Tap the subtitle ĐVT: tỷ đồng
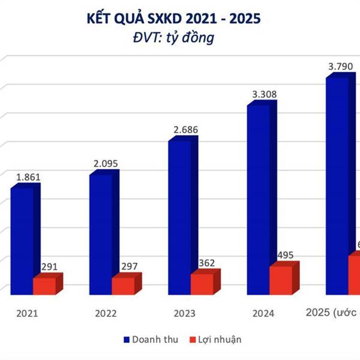pyautogui.click(x=181, y=38)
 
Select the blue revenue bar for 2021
pyautogui.click(x=23, y=240)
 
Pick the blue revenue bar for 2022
pyautogui.click(x=101, y=234)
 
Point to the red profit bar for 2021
pyautogui.click(x=46, y=286)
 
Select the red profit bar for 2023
pyautogui.click(x=203, y=283)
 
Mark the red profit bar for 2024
pyautogui.click(x=281, y=280)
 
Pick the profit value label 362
pyautogui.click(x=206, y=263)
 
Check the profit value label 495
pyautogui.click(x=285, y=255)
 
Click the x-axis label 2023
pyautogui.click(x=182, y=313)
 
